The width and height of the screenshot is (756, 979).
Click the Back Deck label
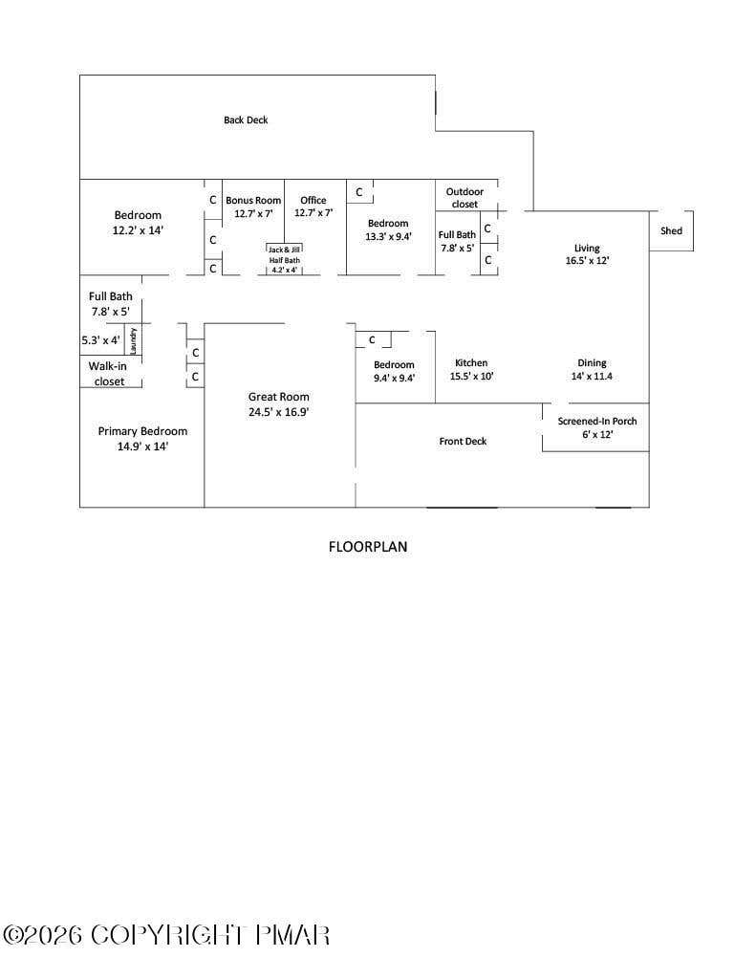[246, 120]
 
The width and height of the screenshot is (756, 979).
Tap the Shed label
[671, 230]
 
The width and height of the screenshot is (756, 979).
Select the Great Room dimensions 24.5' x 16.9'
[278, 412]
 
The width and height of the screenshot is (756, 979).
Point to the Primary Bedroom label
[143, 431]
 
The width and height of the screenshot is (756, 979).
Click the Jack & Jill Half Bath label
[285, 254]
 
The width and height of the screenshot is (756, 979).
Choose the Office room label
[313, 200]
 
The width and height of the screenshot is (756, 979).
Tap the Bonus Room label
[253, 200]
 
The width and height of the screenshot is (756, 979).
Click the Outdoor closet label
[464, 198]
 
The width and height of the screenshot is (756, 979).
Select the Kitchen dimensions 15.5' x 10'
[471, 376]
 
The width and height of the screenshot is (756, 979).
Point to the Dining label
[592, 362]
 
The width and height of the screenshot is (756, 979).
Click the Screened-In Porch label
[597, 421]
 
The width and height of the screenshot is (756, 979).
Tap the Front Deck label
[463, 441]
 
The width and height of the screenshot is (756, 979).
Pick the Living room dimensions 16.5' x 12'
[588, 260]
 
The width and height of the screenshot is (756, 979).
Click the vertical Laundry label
[133, 340]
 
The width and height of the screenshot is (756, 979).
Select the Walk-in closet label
[108, 374]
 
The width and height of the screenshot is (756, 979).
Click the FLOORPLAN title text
[368, 546]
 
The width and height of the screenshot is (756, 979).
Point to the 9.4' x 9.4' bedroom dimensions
[394, 378]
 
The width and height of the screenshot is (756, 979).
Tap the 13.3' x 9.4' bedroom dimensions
[388, 237]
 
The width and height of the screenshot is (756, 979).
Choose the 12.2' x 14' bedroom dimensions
[138, 230]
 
